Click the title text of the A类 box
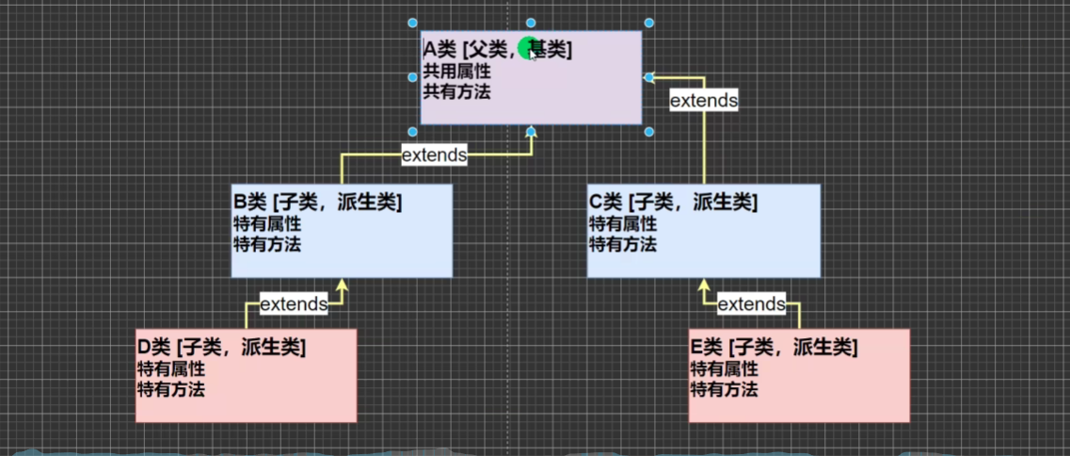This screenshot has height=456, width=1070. click(497, 50)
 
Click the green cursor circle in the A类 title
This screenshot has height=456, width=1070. click(529, 49)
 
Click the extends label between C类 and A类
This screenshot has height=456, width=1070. click(703, 100)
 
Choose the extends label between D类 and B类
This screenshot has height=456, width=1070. click(294, 303)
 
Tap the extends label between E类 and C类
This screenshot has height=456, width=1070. click(751, 303)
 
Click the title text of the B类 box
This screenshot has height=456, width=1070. click(317, 202)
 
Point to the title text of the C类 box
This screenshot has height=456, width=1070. click(673, 202)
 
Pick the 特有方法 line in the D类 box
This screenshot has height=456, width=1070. click(171, 388)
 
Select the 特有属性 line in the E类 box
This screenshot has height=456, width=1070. click(724, 368)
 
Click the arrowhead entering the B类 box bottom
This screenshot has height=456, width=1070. click(343, 285)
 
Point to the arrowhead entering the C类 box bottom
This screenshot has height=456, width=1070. click(702, 285)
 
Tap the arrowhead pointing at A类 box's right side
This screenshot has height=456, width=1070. click(649, 77)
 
